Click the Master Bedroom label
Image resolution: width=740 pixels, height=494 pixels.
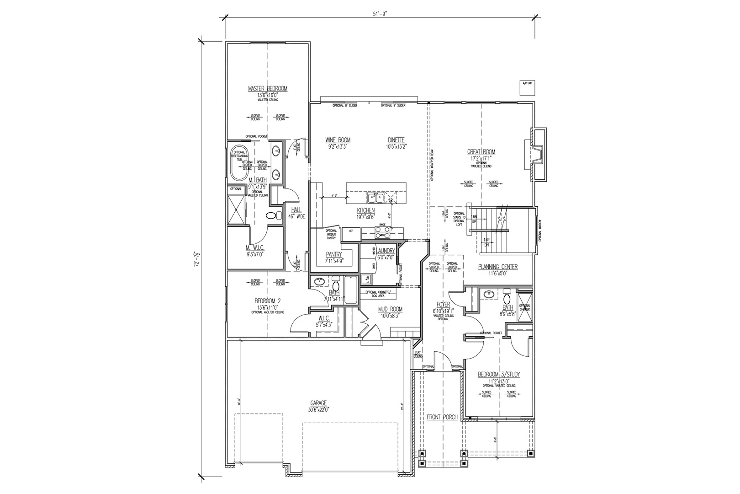pyautogui.click(x=268, y=89)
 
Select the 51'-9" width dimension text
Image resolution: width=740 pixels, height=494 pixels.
pyautogui.click(x=379, y=14)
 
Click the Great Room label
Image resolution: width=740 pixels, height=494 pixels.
pyautogui.click(x=481, y=152)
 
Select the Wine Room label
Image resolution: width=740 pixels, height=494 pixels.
pyautogui.click(x=338, y=140)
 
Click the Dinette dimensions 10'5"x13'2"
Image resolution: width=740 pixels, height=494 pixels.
pyautogui.click(x=396, y=147)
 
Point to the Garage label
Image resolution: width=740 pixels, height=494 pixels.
pyautogui.click(x=318, y=403)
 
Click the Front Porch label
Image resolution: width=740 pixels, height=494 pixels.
pyautogui.click(x=442, y=417)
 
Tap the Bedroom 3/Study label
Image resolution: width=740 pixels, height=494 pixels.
pyautogui.click(x=499, y=375)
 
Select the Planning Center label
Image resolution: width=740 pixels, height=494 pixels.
pyautogui.click(x=498, y=267)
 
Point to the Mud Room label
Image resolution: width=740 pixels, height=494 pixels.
pyautogui.click(x=390, y=309)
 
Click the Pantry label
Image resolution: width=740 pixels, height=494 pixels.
pyautogui.click(x=334, y=254)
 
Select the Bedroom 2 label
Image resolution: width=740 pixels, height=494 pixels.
pyautogui.click(x=267, y=301)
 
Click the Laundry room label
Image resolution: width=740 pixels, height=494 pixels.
pyautogui.click(x=386, y=251)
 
